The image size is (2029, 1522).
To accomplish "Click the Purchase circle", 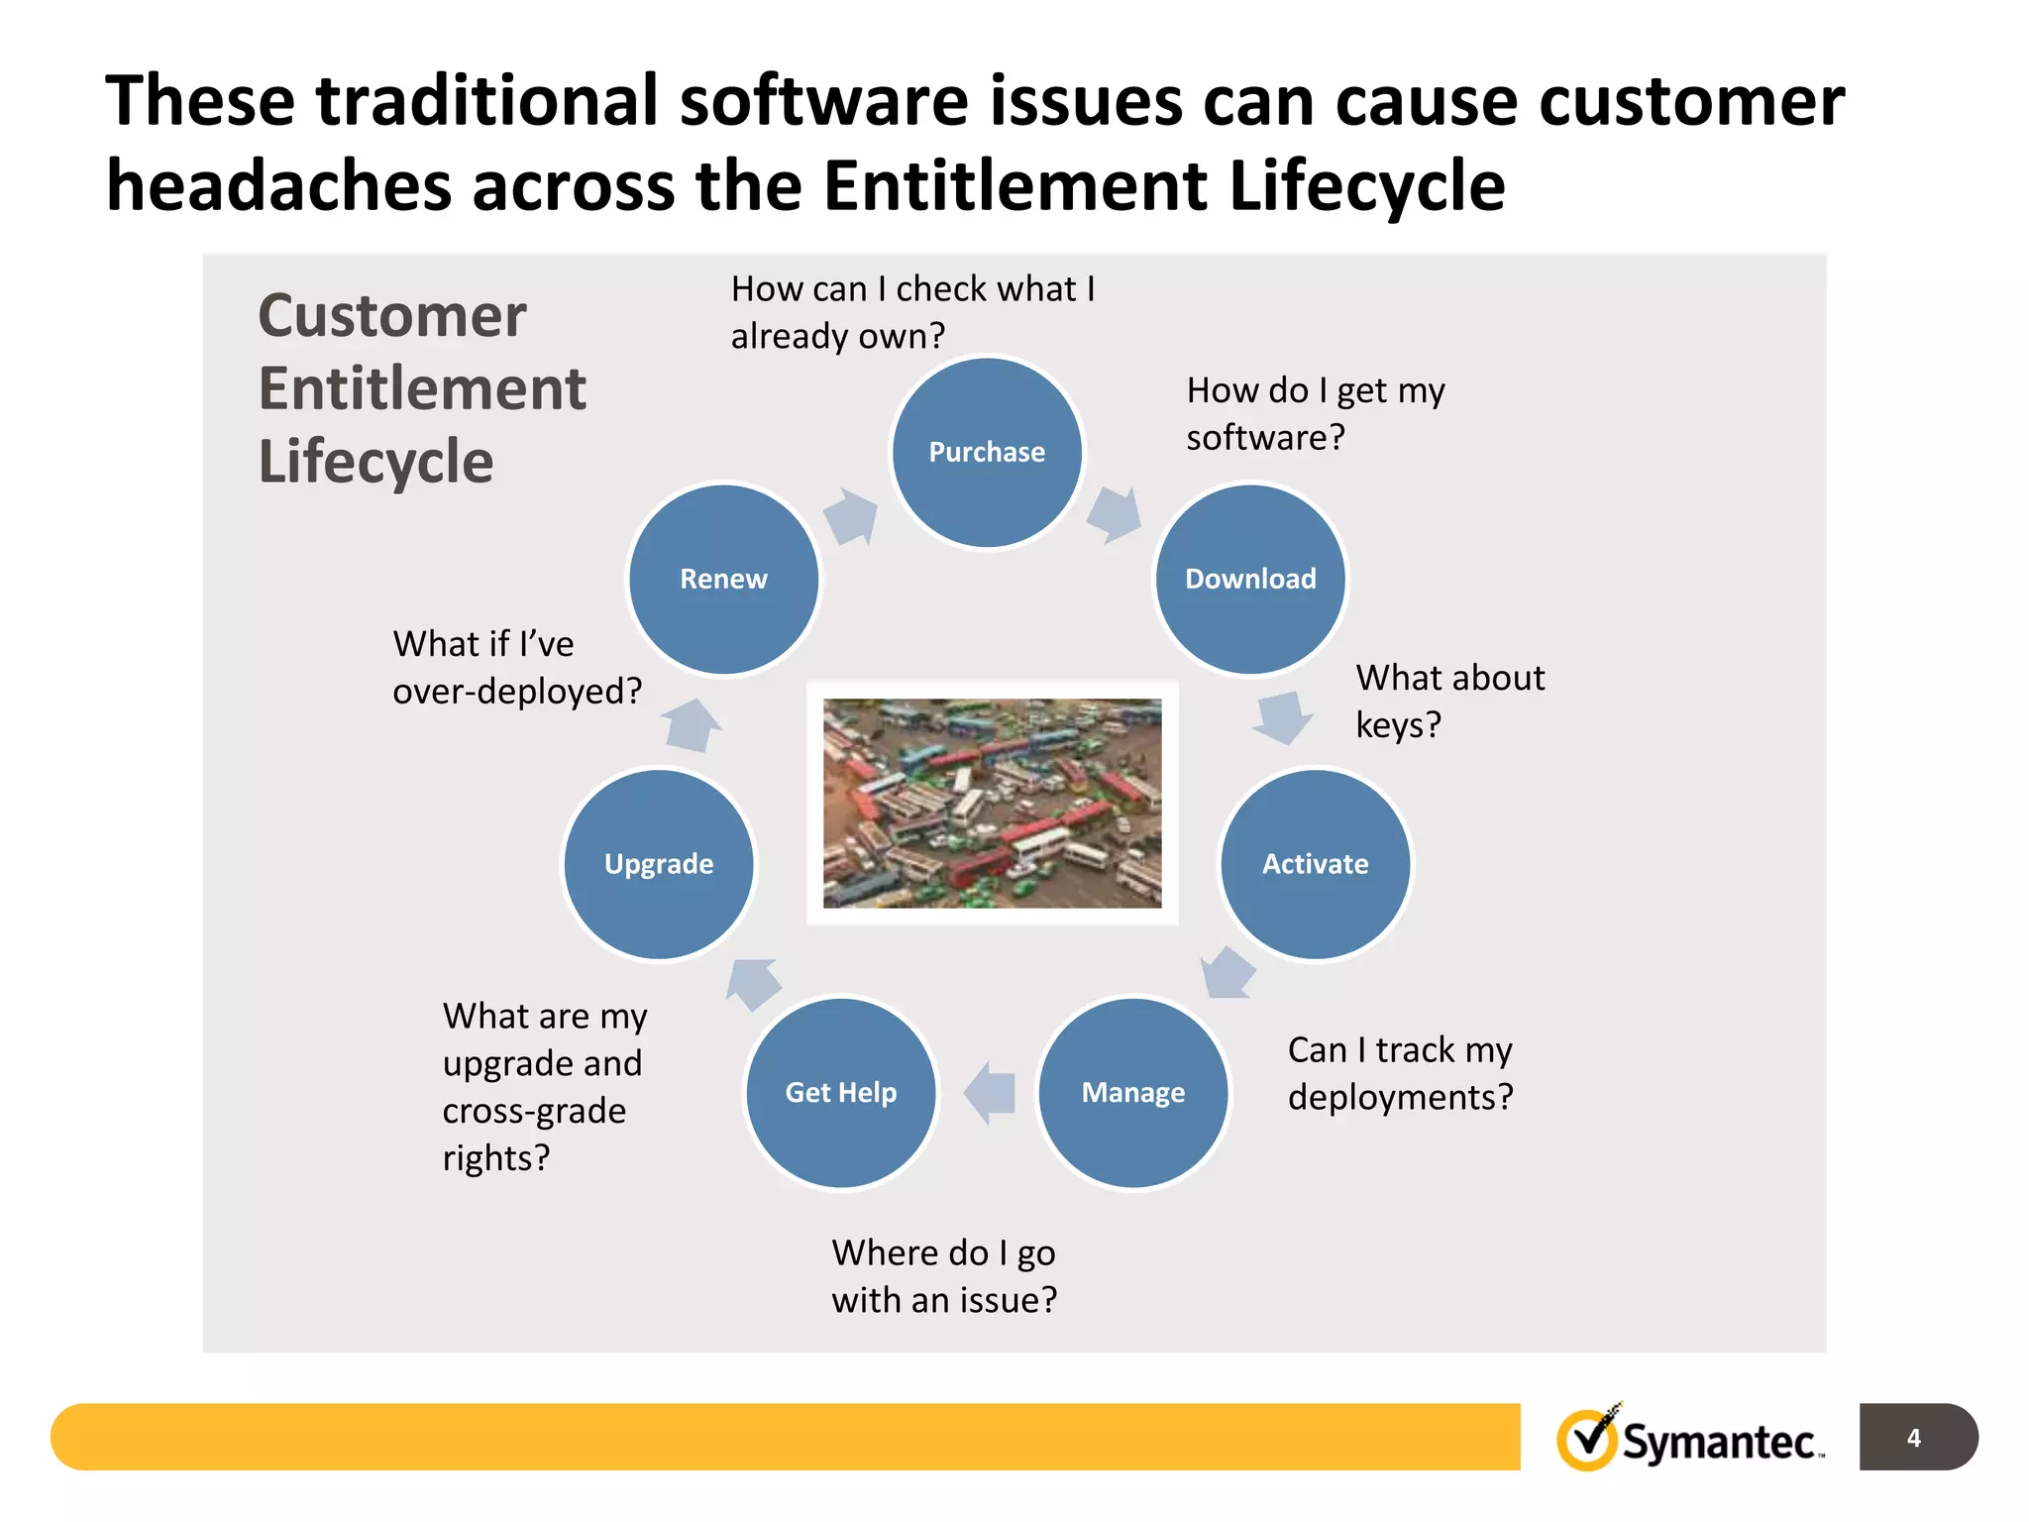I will click(987, 453).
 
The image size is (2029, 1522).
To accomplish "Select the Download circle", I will click(1250, 580).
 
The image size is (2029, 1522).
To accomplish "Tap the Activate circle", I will click(1315, 864).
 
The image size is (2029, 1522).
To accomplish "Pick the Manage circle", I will click(1132, 1092).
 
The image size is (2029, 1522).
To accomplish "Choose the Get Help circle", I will click(840, 1092).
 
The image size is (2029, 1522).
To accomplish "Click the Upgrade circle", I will click(659, 864).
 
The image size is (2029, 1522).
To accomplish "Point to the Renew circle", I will click(724, 580).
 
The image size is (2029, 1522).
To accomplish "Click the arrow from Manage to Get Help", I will click(991, 1093).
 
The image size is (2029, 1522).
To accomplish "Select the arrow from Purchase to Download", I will click(1115, 514).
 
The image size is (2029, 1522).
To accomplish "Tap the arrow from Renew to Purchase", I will click(851, 516).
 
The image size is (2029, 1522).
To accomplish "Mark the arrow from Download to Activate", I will click(1283, 717).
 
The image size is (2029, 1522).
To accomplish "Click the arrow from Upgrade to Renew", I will click(692, 725).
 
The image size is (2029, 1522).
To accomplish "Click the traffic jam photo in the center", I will click(992, 803).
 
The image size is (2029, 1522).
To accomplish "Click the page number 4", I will click(1914, 1437).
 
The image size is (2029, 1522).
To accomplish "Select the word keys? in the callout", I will click(1397, 725).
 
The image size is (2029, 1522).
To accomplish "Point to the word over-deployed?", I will click(517, 691).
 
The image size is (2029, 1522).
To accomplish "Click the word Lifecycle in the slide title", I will click(1366, 185).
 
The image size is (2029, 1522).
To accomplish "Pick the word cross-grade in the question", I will click(534, 1111).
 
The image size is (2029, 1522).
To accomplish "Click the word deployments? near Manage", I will click(1400, 1097).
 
